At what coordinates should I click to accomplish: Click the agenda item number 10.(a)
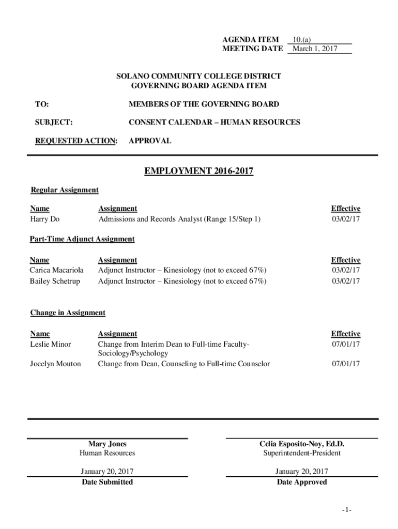[x=301, y=39]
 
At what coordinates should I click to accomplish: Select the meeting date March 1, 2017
[x=314, y=49]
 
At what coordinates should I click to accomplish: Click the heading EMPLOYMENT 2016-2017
[x=198, y=171]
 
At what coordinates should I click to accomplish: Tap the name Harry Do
[x=44, y=219]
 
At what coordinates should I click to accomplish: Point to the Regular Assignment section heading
[x=65, y=190]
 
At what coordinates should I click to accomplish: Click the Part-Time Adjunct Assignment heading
[x=82, y=239]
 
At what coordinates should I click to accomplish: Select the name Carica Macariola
[x=56, y=270]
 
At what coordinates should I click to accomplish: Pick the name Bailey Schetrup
[x=55, y=281]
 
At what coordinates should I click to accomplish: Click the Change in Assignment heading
[x=68, y=313]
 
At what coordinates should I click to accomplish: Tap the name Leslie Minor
[x=51, y=344]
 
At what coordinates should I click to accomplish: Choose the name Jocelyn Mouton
[x=55, y=364]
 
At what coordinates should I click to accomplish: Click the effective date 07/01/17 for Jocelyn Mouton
[x=346, y=364]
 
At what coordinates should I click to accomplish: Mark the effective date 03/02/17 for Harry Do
[x=346, y=219]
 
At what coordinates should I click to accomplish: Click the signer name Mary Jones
[x=107, y=444]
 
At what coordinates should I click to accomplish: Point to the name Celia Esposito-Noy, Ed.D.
[x=302, y=444]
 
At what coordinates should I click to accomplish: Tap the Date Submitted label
[x=107, y=482]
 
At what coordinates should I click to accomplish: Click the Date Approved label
[x=302, y=482]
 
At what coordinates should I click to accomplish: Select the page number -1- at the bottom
[x=346, y=510]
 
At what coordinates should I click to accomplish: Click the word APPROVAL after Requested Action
[x=150, y=141]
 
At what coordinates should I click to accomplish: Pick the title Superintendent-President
[x=302, y=453]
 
